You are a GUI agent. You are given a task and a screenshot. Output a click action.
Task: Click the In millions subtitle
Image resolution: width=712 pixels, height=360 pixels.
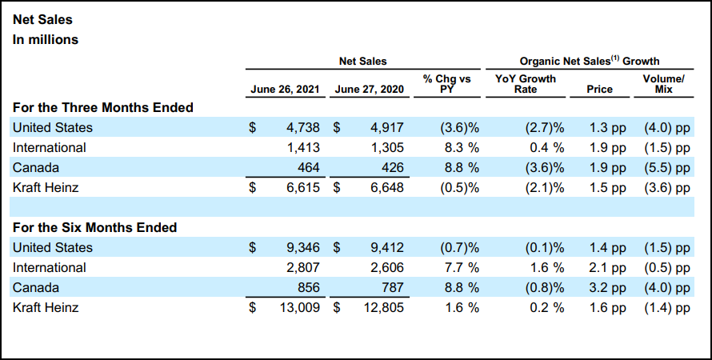(x=45, y=38)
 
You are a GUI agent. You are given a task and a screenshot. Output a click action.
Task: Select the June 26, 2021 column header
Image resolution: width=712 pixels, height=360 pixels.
(x=286, y=90)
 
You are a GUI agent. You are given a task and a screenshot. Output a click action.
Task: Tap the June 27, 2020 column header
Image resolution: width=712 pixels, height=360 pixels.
(x=370, y=90)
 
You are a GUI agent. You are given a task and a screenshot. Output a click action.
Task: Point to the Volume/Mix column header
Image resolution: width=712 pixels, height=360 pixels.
(x=663, y=84)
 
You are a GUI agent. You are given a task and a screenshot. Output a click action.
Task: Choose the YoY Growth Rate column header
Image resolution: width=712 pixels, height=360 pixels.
(x=526, y=84)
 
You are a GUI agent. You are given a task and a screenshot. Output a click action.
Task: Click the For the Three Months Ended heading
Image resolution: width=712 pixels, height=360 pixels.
(x=103, y=107)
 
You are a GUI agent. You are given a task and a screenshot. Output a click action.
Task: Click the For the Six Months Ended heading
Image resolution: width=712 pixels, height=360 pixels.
(x=95, y=227)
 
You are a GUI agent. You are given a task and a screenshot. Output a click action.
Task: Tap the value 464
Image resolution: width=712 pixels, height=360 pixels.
(x=308, y=167)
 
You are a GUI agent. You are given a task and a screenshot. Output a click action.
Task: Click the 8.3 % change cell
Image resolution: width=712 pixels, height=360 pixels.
(x=459, y=147)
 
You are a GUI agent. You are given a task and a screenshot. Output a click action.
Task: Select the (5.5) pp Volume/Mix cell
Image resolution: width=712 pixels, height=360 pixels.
(x=666, y=167)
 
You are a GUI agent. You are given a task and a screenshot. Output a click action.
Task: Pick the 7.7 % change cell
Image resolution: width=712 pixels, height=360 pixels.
(x=459, y=267)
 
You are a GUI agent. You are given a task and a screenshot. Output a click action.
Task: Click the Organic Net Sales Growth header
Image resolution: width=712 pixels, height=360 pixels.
(x=589, y=61)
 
